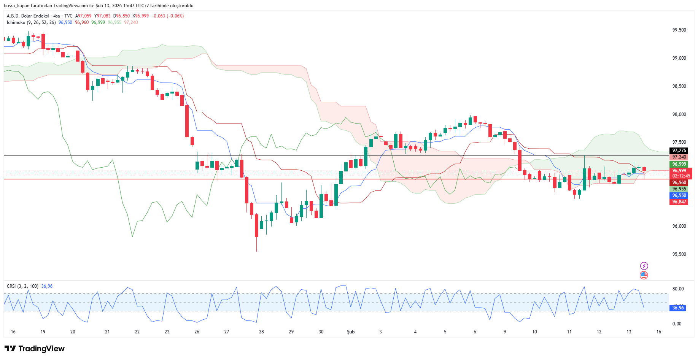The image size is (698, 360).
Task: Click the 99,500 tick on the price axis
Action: pyautogui.click(x=679, y=30)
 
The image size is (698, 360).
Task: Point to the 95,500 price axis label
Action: pyautogui.click(x=679, y=254)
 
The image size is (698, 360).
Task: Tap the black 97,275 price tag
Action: pyautogui.click(x=679, y=151)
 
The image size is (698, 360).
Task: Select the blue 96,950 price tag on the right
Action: pyautogui.click(x=679, y=195)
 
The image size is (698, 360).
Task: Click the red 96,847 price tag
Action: pyautogui.click(x=679, y=202)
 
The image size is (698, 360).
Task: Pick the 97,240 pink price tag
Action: pyautogui.click(x=679, y=157)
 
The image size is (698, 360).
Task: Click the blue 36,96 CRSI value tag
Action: pyautogui.click(x=678, y=308)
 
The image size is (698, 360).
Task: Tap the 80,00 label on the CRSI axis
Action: pyautogui.click(x=678, y=289)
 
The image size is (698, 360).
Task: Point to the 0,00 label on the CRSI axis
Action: pyautogui.click(x=677, y=324)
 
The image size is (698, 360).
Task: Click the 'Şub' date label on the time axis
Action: pyautogui.click(x=351, y=332)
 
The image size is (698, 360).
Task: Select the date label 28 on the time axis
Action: pyautogui.click(x=261, y=332)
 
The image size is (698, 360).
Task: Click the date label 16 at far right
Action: pyautogui.click(x=658, y=332)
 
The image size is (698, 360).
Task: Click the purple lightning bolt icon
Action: pyautogui.click(x=644, y=266)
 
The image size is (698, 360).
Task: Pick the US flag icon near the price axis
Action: pyautogui.click(x=644, y=275)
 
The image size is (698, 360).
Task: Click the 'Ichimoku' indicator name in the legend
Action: pyautogui.click(x=16, y=22)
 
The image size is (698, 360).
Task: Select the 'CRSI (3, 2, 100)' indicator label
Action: pyautogui.click(x=22, y=286)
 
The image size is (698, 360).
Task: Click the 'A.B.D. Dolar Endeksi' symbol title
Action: pyautogui.click(x=28, y=16)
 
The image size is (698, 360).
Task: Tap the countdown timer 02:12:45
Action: pyautogui.click(x=681, y=176)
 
